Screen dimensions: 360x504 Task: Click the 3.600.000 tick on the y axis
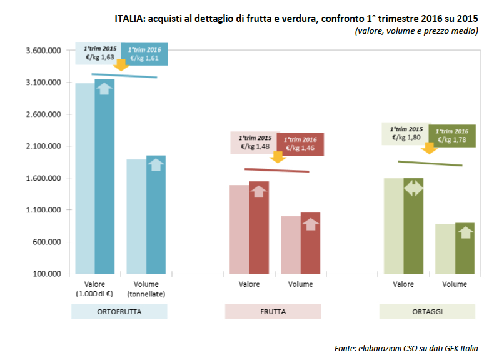pyautogui.click(x=42, y=51)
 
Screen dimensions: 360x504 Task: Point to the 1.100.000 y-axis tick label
pyautogui.click(x=42, y=210)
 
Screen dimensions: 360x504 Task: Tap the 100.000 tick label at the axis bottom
pyautogui.click(x=45, y=274)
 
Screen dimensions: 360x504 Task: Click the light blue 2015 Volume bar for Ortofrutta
pyautogui.click(x=136, y=216)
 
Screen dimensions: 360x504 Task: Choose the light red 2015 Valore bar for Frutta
pyautogui.click(x=239, y=229)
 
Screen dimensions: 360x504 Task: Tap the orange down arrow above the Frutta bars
pyautogui.click(x=278, y=157)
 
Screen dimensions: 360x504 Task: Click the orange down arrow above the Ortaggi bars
pyautogui.click(x=429, y=147)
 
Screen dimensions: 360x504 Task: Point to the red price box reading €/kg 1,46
pyautogui.click(x=301, y=144)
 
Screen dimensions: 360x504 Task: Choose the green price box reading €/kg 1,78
pyautogui.click(x=452, y=136)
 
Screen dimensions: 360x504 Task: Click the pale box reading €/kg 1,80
pyautogui.click(x=405, y=133)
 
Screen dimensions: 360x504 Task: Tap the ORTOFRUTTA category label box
pyautogui.click(x=119, y=311)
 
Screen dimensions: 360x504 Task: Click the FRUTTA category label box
pyautogui.click(x=273, y=311)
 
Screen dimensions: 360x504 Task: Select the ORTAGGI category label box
pyautogui.click(x=427, y=311)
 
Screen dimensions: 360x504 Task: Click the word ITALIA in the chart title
pyautogui.click(x=130, y=18)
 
